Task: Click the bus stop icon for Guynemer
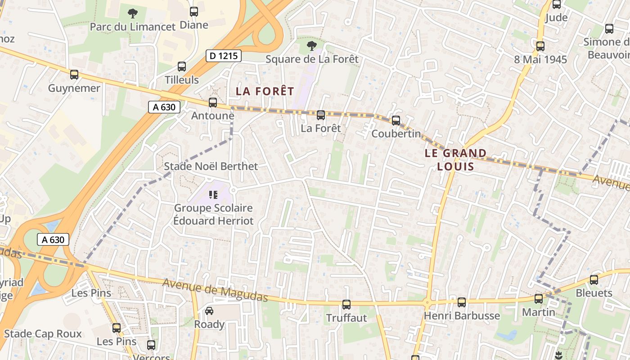pos(74,75)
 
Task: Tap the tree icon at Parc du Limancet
pos(132,13)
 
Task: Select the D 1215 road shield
pos(224,56)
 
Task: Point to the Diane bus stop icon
pos(194,12)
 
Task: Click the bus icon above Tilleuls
pos(182,67)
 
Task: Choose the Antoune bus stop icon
pos(213,103)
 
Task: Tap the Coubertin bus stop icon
pos(396,121)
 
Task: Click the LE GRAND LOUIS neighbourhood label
pos(456,160)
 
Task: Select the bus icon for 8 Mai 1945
pos(540,46)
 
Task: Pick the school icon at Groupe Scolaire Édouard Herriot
pos(213,195)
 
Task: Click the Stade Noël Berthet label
pos(211,166)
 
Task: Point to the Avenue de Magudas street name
pos(215,290)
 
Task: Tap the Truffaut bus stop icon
pos(346,305)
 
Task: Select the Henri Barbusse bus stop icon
pos(462,302)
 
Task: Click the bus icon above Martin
pos(539,298)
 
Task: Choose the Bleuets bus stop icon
pos(594,280)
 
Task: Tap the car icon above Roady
pos(209,311)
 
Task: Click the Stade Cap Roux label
pos(43,333)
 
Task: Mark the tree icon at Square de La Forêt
pos(311,45)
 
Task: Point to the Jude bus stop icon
pos(557,4)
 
